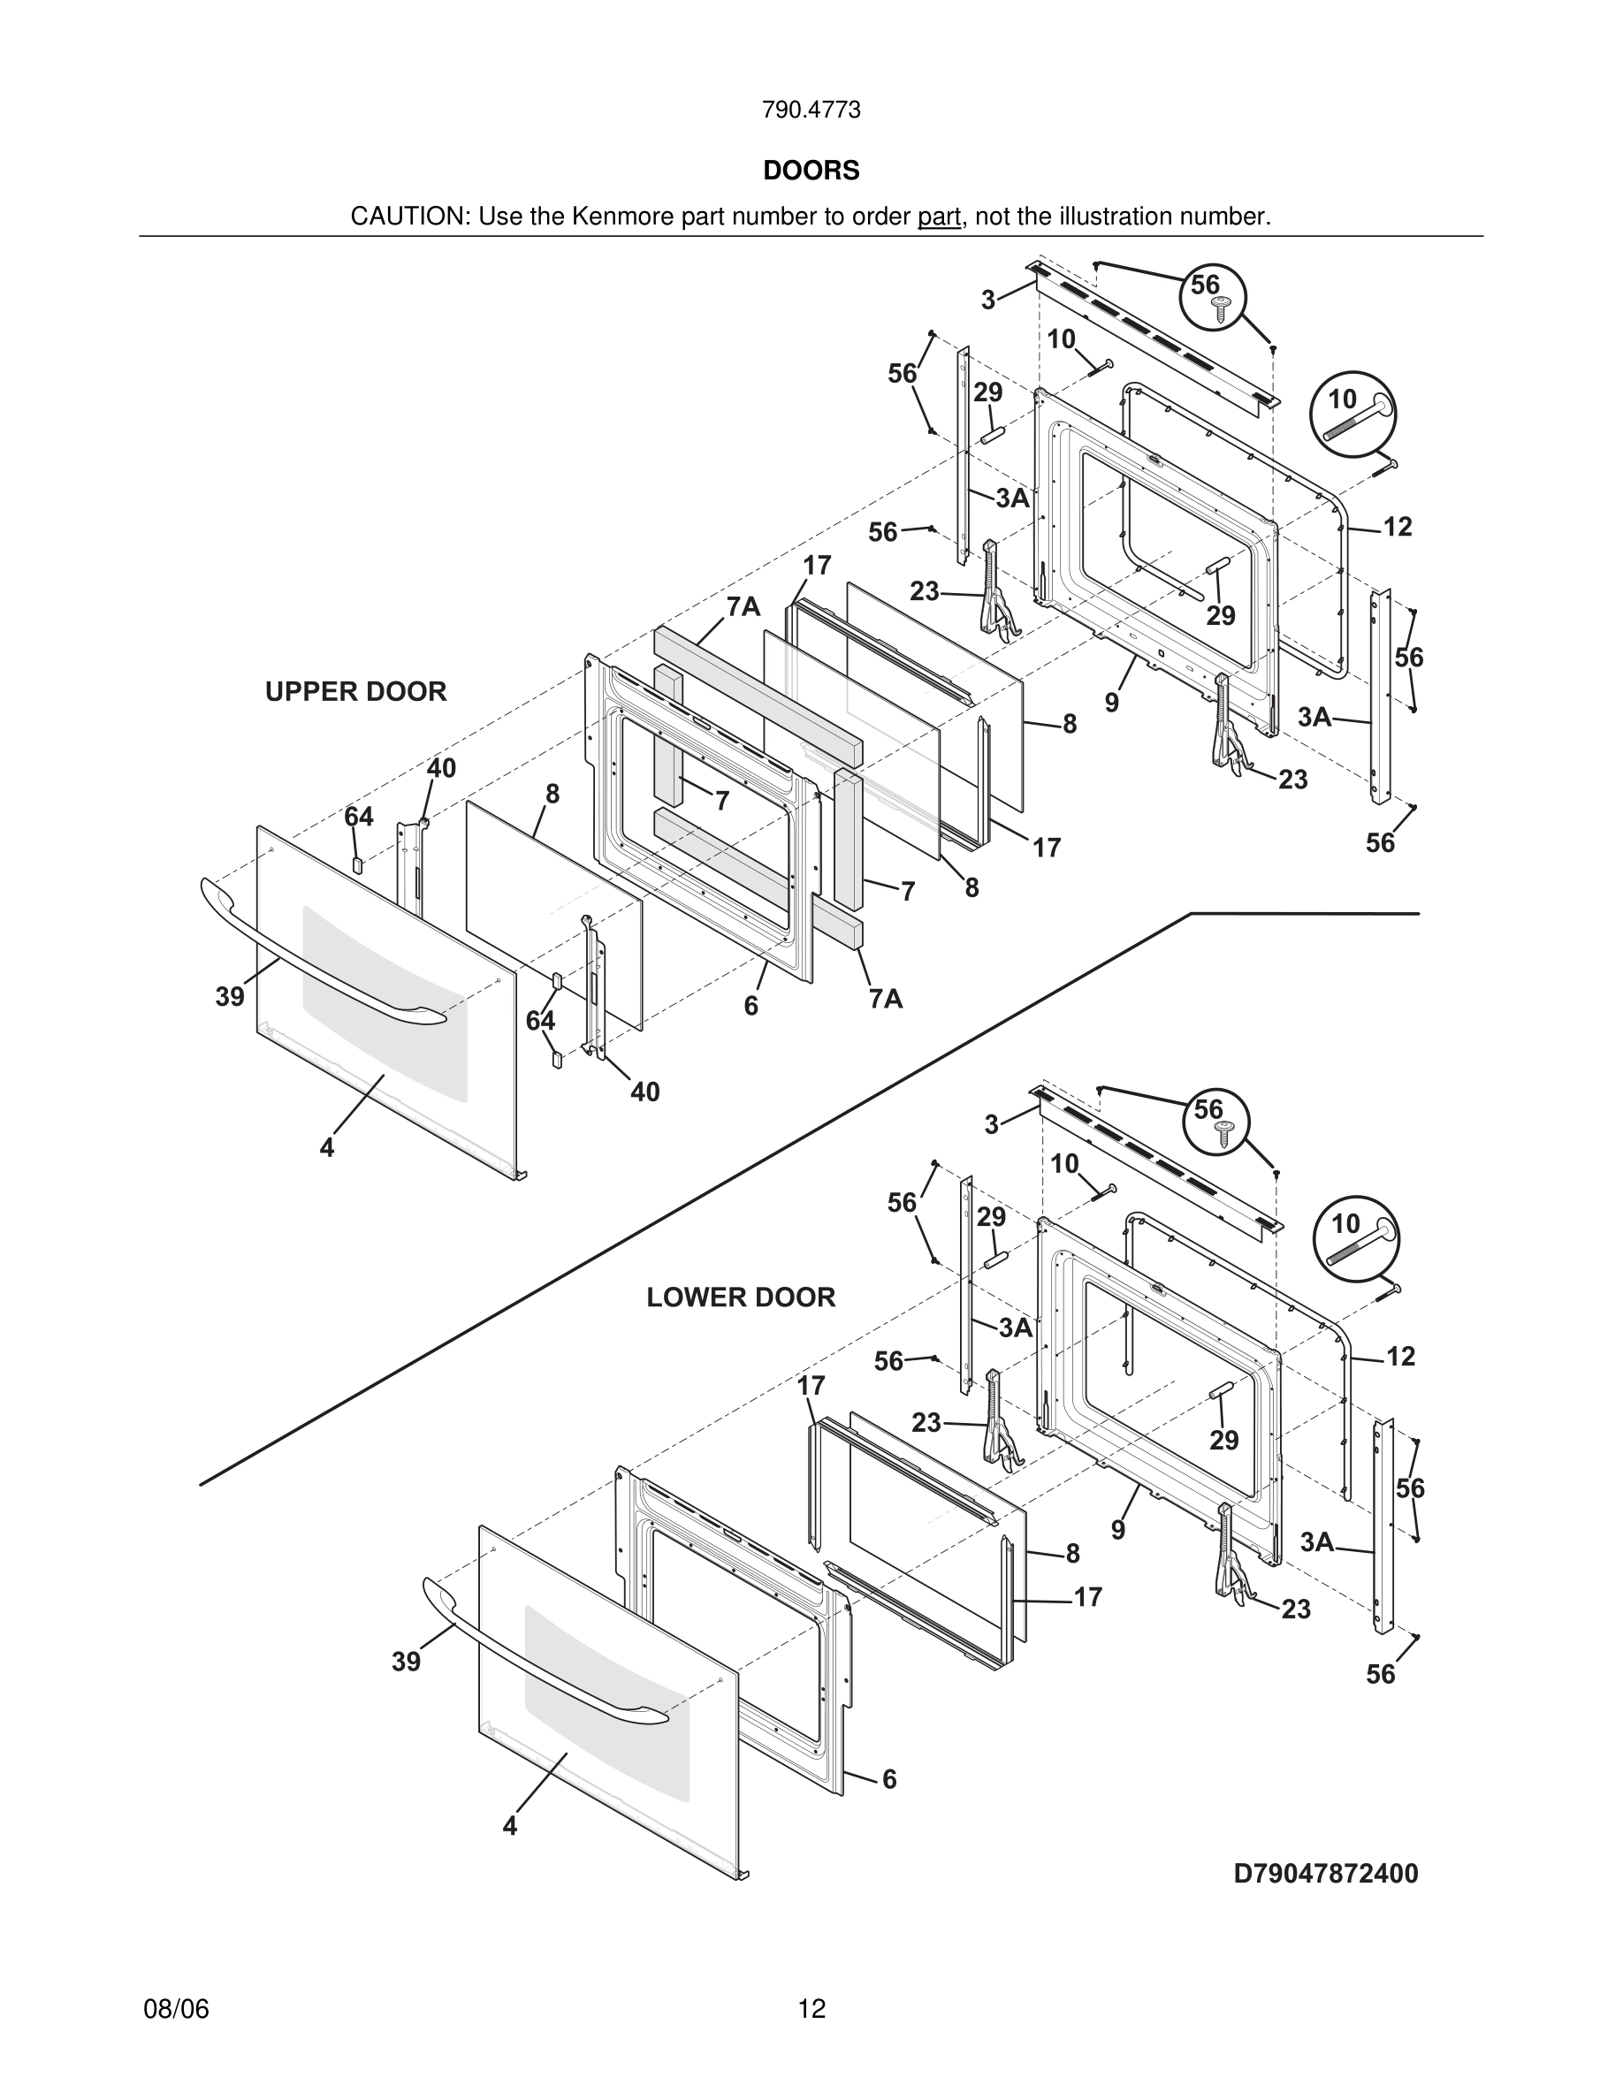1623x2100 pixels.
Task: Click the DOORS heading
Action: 811,171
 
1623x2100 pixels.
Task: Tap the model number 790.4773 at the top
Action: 811,110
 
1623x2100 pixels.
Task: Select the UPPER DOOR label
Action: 355,691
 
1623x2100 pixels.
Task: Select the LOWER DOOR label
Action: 741,1297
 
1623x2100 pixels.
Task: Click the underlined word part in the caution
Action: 940,217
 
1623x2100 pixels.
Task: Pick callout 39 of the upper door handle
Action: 230,997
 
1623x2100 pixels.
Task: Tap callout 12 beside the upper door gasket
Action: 1397,527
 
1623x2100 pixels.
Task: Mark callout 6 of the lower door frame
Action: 889,1779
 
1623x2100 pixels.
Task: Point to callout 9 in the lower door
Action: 1117,1530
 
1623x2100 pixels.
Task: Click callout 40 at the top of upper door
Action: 441,768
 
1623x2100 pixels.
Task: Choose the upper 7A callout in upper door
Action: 743,606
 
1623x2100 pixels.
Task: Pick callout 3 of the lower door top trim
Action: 991,1124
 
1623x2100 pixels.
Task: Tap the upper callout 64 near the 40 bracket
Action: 359,818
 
